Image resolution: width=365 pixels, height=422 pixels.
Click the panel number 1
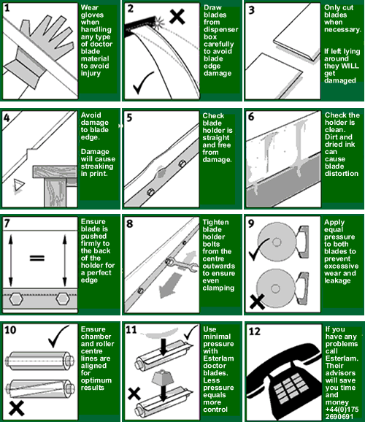click(x=7, y=8)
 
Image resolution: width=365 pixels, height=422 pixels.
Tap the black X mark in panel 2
click(x=177, y=16)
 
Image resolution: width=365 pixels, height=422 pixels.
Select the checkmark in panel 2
click(x=143, y=83)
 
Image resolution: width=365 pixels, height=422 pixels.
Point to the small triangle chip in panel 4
click(x=18, y=185)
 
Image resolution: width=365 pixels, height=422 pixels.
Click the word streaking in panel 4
click(x=97, y=166)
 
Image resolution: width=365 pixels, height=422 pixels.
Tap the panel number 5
click(x=129, y=118)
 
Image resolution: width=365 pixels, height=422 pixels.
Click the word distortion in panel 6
click(x=342, y=174)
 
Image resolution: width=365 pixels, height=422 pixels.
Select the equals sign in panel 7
click(x=37, y=258)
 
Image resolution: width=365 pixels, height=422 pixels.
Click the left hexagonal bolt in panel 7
click(x=16, y=299)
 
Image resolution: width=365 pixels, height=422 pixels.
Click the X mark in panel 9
click(x=257, y=302)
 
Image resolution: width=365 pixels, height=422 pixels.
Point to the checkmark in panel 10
click(x=58, y=336)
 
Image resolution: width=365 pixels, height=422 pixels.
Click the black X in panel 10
click(x=16, y=408)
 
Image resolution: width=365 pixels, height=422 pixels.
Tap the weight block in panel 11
click(x=163, y=377)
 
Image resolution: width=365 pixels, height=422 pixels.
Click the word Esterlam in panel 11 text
click(x=218, y=358)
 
